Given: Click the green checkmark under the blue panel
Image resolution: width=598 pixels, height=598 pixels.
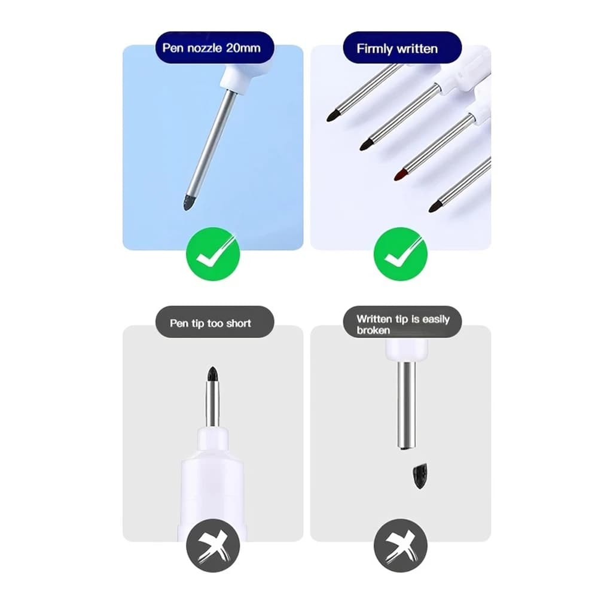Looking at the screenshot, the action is point(213,254).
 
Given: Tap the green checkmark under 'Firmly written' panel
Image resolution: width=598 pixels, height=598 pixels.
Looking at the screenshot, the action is point(401,254).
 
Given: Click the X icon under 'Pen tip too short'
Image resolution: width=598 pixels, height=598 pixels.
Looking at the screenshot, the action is point(213,545).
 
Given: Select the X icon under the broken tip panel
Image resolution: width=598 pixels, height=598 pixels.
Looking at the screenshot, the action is point(401,545).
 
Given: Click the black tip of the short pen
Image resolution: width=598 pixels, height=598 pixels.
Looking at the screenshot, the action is point(213,374).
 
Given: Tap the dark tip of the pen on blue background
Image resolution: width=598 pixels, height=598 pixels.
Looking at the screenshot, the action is point(189,202).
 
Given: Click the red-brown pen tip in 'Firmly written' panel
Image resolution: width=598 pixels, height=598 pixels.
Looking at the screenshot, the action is point(401,175).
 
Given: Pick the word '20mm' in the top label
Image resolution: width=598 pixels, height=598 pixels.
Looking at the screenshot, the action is point(243,48).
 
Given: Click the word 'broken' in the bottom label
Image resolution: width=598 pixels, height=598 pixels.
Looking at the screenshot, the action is point(373,330).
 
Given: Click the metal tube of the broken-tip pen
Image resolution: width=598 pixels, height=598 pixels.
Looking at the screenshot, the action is point(407,405).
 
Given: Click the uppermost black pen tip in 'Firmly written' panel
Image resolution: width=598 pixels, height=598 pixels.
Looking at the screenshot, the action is point(334,115).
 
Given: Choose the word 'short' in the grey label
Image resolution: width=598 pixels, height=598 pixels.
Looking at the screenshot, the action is point(239,324).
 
